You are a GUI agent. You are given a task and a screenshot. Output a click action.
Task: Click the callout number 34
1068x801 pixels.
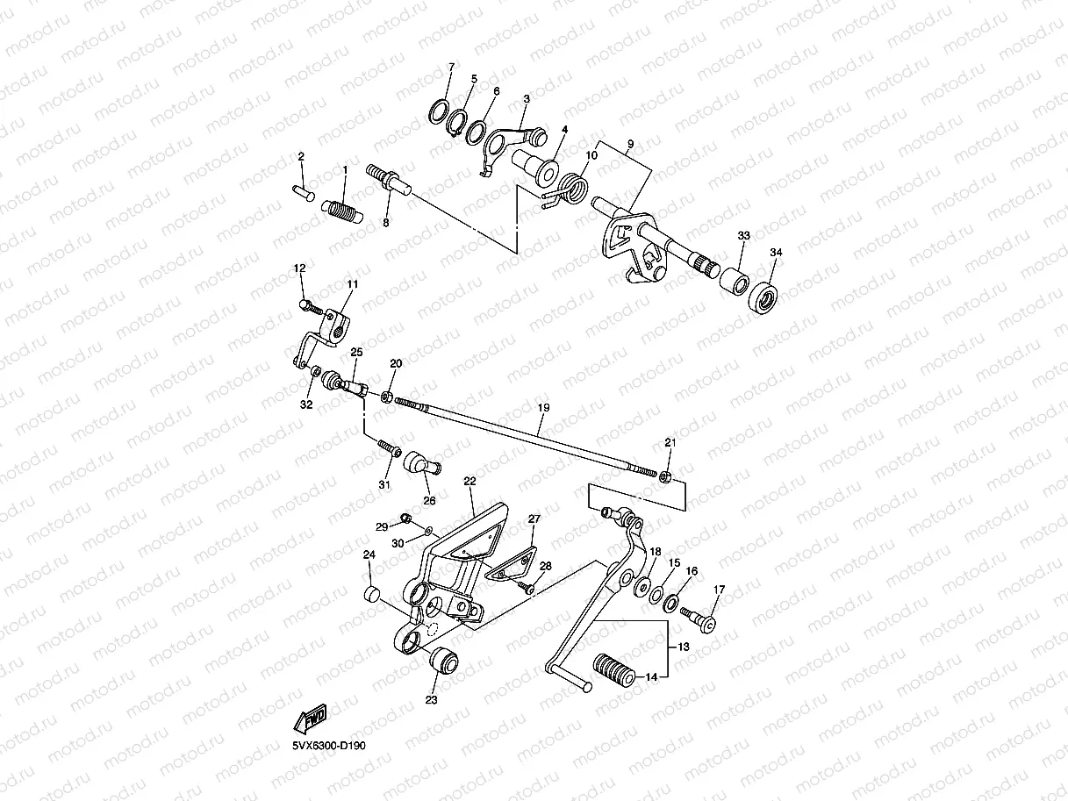tap(775, 253)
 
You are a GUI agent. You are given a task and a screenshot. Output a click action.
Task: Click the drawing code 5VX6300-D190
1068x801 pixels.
tap(329, 747)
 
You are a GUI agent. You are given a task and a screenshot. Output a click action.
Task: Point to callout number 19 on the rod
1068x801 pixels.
tap(543, 408)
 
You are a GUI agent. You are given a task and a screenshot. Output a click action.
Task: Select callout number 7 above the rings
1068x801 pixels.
tap(451, 68)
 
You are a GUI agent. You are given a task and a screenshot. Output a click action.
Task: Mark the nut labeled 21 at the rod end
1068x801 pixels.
tap(666, 476)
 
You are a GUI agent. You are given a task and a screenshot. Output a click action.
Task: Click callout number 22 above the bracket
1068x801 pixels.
tap(469, 482)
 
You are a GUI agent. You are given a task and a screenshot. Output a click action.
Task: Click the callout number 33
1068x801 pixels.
tap(743, 237)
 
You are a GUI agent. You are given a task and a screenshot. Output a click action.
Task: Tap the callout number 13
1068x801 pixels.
tap(684, 647)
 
